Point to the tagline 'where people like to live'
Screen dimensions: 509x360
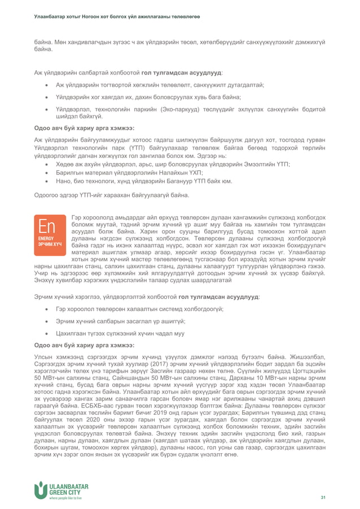coord(65,499)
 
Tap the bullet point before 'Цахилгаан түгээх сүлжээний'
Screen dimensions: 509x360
coord(45,333)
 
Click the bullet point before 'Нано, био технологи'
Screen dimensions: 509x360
coord(45,182)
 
